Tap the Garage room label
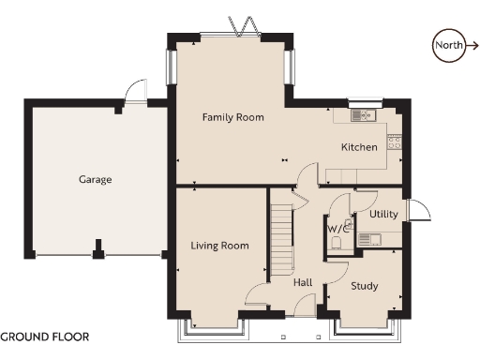[95, 179]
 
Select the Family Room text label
[233, 117]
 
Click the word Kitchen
[359, 147]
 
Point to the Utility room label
[383, 214]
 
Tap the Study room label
[364, 286]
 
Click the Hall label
[303, 282]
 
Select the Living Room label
[219, 246]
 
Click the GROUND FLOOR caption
[45, 335]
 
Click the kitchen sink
[361, 115]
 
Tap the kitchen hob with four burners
[395, 142]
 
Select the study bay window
[365, 327]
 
